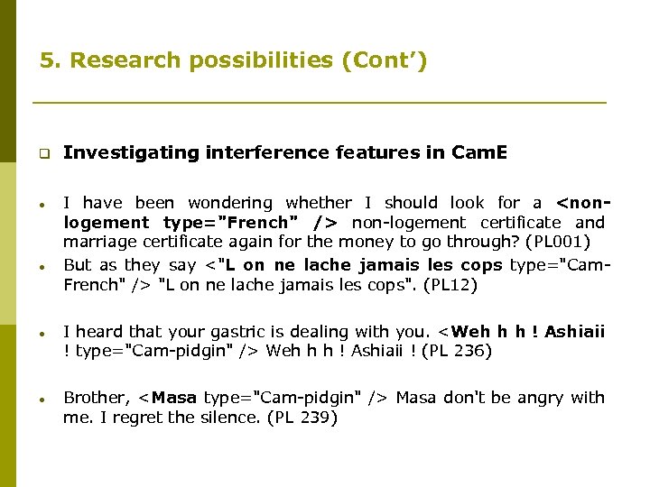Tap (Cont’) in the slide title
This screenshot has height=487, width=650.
[x=383, y=61]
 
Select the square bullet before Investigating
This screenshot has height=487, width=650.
[x=42, y=153]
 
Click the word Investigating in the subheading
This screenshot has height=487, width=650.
[x=130, y=153]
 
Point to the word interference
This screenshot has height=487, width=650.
[x=267, y=153]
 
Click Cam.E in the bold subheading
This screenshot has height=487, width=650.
[x=478, y=153]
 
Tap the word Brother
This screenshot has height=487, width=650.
[x=94, y=398]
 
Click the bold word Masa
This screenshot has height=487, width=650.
[x=175, y=398]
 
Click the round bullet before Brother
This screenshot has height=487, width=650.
[x=42, y=398]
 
